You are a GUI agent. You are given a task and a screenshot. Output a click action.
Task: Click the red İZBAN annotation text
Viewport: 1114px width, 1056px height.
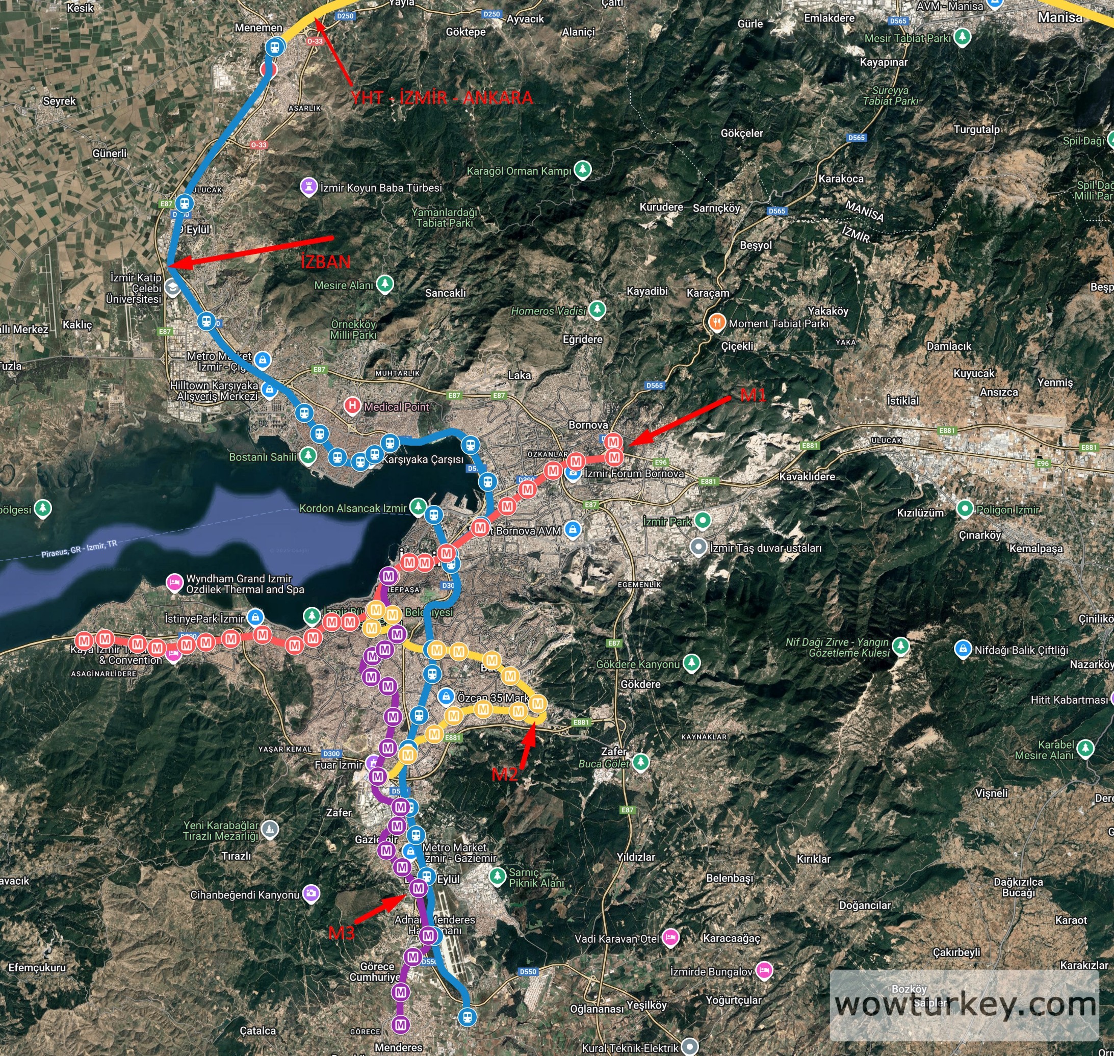(x=325, y=262)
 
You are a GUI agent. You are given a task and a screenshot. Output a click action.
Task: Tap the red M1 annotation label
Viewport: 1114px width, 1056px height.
(x=753, y=395)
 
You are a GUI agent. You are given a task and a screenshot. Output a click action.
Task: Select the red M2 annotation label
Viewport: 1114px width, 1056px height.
(x=504, y=775)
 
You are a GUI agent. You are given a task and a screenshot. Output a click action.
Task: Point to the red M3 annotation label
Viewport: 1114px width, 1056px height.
(x=341, y=933)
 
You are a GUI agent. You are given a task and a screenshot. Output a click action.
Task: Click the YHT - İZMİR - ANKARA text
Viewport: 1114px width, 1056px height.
(x=442, y=97)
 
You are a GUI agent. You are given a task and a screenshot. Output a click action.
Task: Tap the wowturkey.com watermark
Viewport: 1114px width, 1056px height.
(x=965, y=1003)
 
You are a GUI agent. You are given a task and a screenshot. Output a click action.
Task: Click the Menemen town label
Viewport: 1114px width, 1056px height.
(x=258, y=28)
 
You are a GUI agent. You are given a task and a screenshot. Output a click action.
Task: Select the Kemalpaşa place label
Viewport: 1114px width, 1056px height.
(x=1036, y=548)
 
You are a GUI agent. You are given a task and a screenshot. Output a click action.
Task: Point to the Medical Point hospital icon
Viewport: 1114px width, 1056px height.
(x=352, y=405)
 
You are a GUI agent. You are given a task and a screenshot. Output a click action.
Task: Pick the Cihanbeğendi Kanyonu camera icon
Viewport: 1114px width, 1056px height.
(x=310, y=893)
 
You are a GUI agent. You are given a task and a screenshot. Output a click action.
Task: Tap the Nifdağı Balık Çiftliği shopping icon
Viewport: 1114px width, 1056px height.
(x=963, y=649)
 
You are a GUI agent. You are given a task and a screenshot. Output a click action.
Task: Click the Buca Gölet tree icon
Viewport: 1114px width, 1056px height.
(x=640, y=762)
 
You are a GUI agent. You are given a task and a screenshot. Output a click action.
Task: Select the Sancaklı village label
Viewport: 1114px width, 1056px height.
(x=445, y=293)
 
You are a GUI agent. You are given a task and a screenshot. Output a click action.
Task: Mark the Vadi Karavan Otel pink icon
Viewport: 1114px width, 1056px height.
(x=669, y=938)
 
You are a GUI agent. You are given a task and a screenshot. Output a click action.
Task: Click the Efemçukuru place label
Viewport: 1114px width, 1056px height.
(x=37, y=967)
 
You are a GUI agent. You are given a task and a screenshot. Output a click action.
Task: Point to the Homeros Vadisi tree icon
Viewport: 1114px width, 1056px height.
(x=597, y=309)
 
